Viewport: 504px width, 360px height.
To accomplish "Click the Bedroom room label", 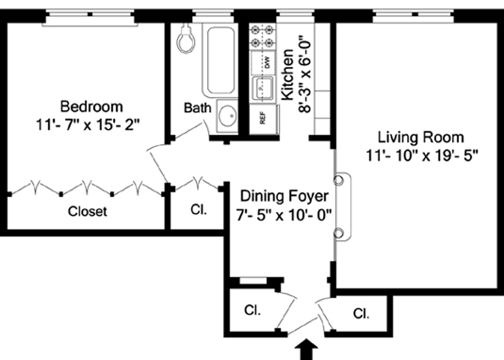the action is coord(91,106).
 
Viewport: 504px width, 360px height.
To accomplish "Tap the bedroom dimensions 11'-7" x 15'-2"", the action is coord(89,125).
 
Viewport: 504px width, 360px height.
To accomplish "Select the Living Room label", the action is coord(420,138).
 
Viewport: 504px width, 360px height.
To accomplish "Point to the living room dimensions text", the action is coord(422,156).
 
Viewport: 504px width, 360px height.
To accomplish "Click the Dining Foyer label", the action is coord(285,196).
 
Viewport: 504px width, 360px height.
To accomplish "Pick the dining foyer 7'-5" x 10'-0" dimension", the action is coord(284,215).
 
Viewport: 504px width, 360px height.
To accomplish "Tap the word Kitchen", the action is coord(287,74).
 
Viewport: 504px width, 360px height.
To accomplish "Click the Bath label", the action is coord(197,108).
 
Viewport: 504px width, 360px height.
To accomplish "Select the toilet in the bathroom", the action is coord(187,39).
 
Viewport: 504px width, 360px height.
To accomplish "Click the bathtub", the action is coord(220,61).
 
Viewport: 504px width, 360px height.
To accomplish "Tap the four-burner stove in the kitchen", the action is coord(263,37).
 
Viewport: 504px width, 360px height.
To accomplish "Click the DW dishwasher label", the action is coord(268,62).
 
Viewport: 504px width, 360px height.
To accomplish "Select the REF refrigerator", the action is coord(263,119).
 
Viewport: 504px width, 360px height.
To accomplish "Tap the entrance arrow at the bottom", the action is coord(306,350).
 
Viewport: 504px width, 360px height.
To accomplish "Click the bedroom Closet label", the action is coord(88,211).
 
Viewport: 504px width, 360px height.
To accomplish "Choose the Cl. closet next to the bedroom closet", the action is coord(199,209).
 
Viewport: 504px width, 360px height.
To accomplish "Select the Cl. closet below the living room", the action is coord(361,314).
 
